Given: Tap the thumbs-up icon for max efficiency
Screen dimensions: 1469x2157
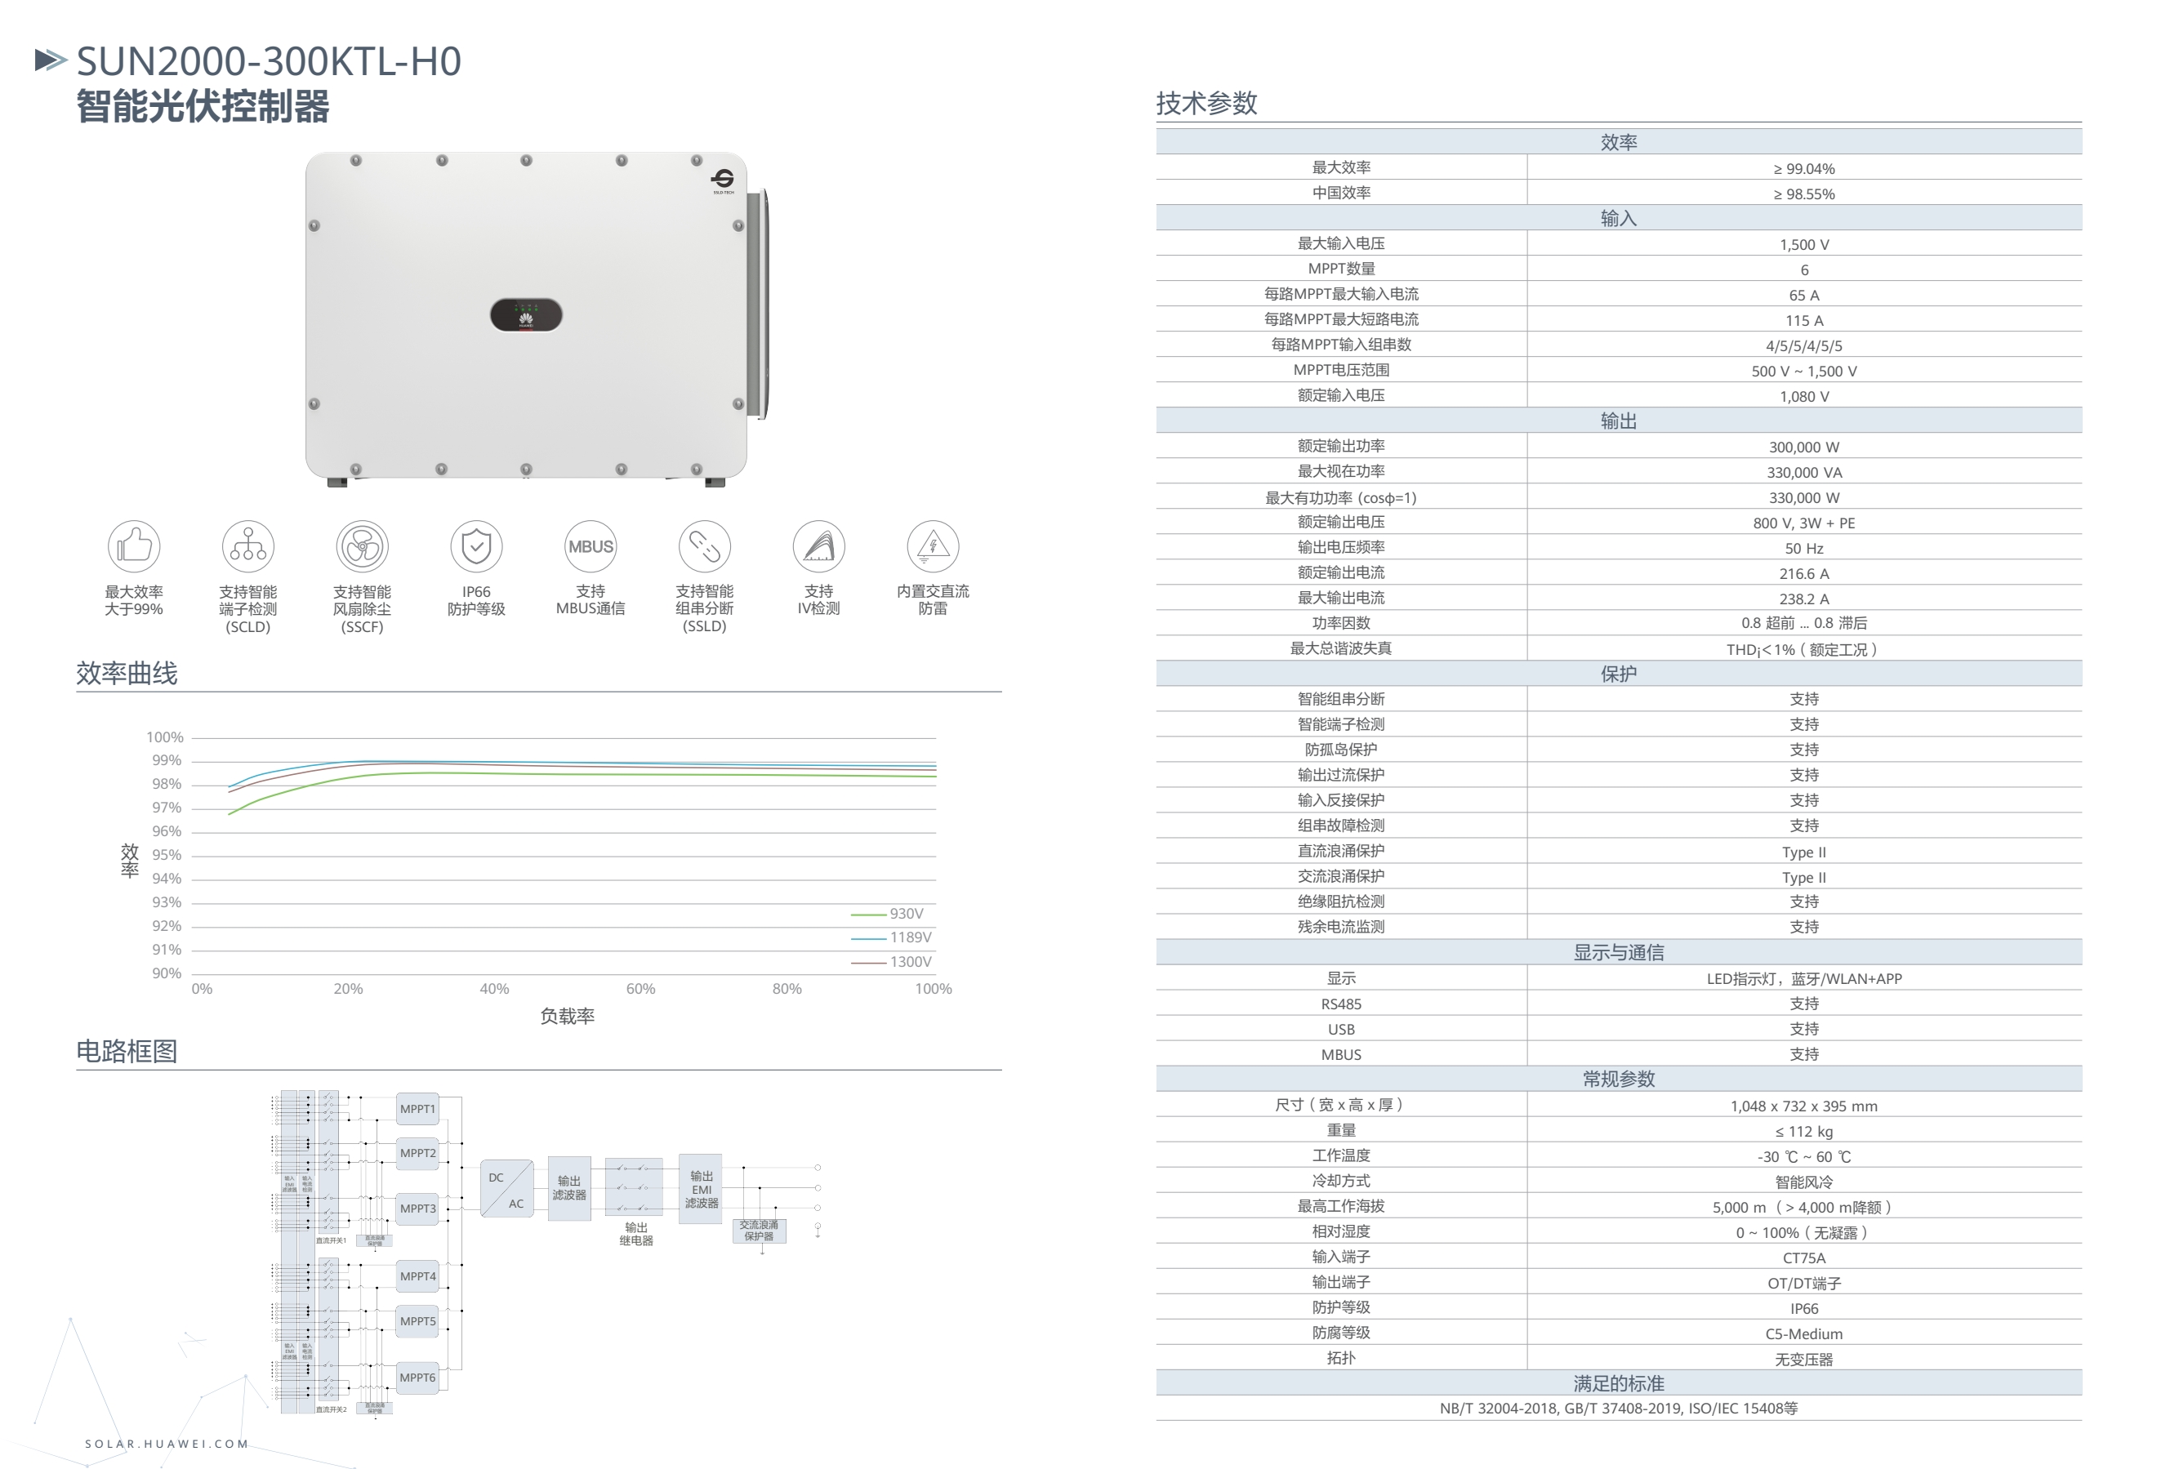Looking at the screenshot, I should tap(135, 545).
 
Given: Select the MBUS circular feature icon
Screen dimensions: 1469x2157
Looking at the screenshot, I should tap(591, 545).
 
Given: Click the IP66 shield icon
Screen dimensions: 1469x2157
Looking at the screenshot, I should tap(476, 545).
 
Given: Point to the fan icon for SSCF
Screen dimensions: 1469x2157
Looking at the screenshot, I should tap(362, 545).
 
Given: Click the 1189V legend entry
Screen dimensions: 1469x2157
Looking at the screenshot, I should tap(892, 937).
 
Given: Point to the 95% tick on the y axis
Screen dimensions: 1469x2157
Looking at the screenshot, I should tap(167, 855).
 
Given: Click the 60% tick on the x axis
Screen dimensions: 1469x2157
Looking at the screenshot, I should tap(640, 988).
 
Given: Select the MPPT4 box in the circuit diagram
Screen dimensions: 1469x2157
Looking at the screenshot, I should tap(417, 1276).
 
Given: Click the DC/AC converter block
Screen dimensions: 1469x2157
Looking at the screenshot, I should tap(506, 1189).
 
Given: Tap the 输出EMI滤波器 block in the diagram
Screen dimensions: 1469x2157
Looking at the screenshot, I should tap(701, 1189).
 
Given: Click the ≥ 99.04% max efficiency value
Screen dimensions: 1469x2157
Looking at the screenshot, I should tap(1803, 169).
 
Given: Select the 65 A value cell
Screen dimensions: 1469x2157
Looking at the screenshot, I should tap(1803, 295).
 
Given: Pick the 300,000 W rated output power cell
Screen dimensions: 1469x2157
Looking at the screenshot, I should tap(1803, 447).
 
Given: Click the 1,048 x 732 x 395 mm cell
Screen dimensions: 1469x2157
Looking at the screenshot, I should tap(1803, 1106).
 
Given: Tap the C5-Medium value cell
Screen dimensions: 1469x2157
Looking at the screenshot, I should tap(1803, 1333).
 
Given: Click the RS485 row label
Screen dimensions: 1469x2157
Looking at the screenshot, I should tap(1341, 1004).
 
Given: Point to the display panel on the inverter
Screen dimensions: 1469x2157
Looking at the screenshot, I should tap(525, 314).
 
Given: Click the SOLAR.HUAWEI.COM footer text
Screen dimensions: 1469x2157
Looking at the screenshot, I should tap(167, 1444).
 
